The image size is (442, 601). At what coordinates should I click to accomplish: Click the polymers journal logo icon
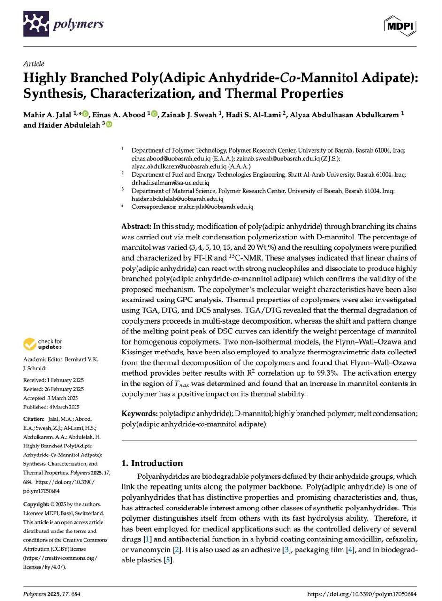36,23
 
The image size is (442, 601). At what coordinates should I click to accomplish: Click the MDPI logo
400,26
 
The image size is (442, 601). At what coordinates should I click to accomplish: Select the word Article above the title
34,64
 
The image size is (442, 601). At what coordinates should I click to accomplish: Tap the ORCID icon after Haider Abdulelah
109,124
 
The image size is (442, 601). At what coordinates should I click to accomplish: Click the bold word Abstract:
137,226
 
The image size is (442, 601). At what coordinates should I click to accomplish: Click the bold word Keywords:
139,414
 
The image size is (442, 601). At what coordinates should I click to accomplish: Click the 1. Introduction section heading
152,463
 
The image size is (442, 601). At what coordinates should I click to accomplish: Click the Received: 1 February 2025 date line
53,380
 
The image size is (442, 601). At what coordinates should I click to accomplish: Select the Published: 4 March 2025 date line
51,407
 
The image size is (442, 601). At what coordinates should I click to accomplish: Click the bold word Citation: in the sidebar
34,419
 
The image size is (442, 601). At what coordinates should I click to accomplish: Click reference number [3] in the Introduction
286,550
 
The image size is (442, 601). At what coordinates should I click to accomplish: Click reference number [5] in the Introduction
168,560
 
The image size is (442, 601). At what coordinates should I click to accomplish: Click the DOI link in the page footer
362,594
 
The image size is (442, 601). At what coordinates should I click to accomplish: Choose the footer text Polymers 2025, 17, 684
52,594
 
